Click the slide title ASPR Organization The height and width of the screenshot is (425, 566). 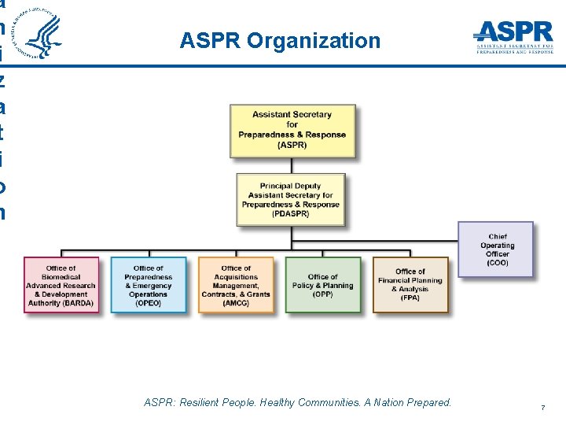(x=280, y=40)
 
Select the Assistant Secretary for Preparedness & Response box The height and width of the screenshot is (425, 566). (x=292, y=130)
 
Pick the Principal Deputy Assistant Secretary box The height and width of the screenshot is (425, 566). (x=291, y=200)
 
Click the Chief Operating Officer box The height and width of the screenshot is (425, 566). (x=497, y=249)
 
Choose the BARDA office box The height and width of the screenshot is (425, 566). (x=61, y=285)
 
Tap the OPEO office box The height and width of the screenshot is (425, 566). (x=149, y=285)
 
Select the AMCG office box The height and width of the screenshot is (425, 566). (x=236, y=285)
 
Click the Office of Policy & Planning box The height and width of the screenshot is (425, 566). (x=323, y=285)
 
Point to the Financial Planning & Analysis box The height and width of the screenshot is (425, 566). (x=410, y=285)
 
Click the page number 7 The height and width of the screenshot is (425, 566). (x=542, y=408)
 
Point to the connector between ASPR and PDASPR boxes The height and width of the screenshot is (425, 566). (x=292, y=164)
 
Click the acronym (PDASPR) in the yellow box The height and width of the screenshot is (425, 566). (x=291, y=214)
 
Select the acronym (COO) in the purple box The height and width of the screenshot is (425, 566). (x=497, y=263)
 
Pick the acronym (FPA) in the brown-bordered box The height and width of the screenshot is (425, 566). (x=410, y=298)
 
